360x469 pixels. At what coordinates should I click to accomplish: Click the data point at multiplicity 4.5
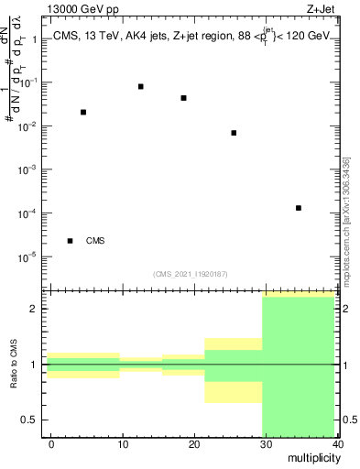(83, 112)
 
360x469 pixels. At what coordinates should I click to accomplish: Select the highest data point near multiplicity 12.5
(140, 86)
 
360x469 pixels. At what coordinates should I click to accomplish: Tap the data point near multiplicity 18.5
(184, 98)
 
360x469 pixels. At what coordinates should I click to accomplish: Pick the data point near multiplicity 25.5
(234, 133)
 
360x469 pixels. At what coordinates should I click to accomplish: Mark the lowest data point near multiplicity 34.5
(299, 208)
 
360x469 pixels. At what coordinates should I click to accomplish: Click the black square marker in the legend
(70, 241)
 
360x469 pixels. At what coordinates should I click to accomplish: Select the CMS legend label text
(95, 241)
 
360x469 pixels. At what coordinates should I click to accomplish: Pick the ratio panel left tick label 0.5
(29, 420)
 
